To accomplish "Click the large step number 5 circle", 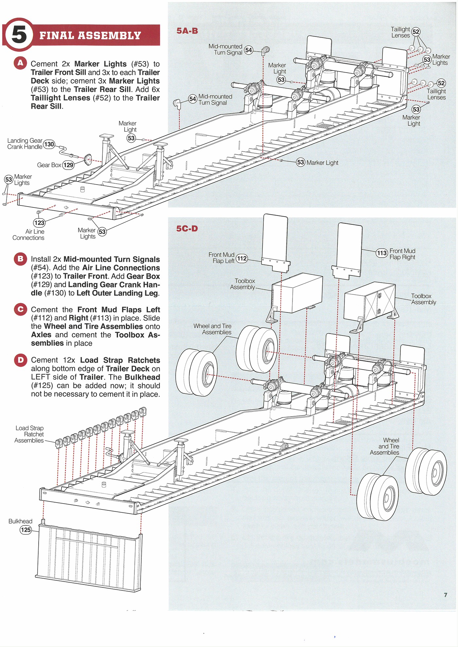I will tap(19, 35).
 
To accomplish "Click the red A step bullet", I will tap(20, 63).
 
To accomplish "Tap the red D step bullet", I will tap(21, 360).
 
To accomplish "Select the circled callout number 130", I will tap(49, 144).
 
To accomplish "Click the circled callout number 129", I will tap(68, 165).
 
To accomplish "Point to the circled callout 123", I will tap(39, 223).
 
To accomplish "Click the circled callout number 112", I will tap(242, 258).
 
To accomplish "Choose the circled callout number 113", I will tap(382, 253).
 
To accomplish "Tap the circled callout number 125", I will tap(26, 530).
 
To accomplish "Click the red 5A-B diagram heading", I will tap(187, 31).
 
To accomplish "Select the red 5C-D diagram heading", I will tap(187, 228).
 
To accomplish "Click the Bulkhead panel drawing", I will tap(90, 556).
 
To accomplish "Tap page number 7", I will tap(445, 595).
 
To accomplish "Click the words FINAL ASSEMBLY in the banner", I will tap(90, 35).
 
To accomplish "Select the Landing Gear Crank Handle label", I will tap(25, 144).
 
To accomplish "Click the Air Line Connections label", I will tap(28, 235).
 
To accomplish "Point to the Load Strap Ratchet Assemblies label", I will tap(29, 434).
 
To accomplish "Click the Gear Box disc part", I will tap(88, 160).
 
